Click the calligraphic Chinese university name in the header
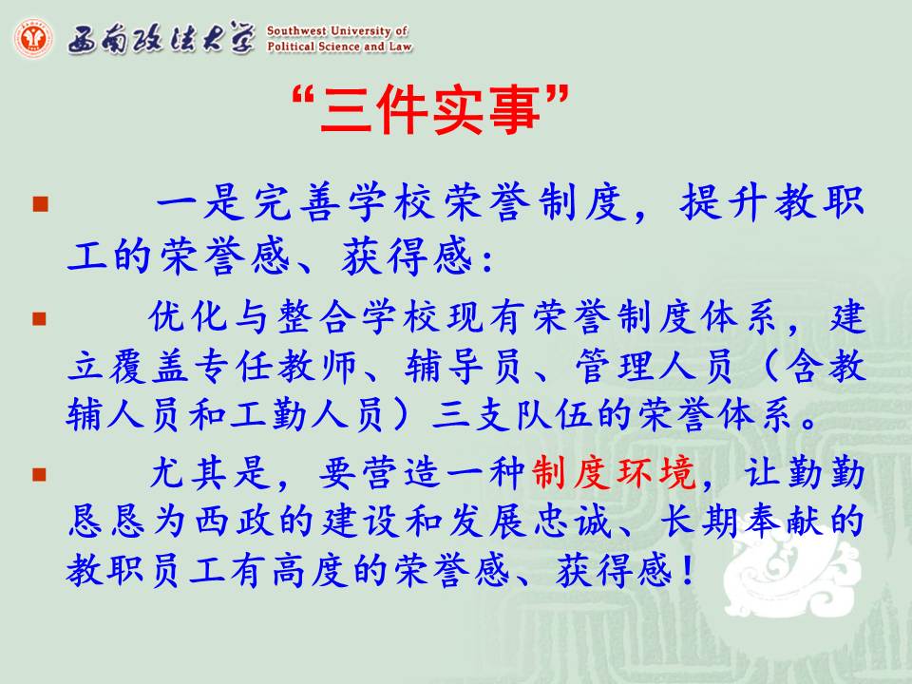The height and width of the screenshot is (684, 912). [x=161, y=38]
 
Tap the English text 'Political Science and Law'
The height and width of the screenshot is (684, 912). [x=340, y=46]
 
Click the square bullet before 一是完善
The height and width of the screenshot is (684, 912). [x=40, y=203]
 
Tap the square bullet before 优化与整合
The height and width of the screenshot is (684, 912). [x=40, y=319]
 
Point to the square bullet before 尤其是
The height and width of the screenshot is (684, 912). [x=40, y=475]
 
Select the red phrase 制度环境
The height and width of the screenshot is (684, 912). [x=614, y=472]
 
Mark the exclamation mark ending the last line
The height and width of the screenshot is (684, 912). [x=688, y=570]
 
